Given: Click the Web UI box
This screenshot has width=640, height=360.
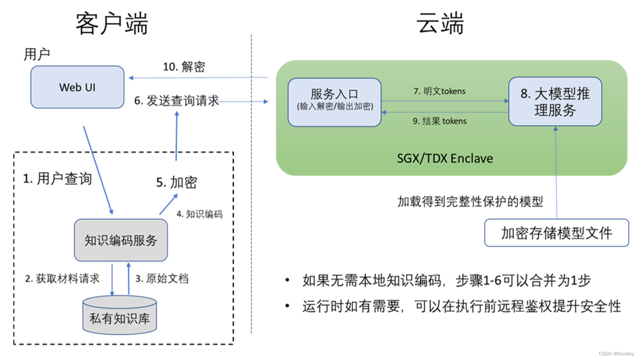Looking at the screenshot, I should (77, 87).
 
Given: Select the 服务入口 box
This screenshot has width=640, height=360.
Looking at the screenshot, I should (334, 102).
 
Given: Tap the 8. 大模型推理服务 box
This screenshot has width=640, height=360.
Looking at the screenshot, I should (555, 101).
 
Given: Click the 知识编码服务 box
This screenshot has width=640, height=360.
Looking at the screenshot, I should (121, 240).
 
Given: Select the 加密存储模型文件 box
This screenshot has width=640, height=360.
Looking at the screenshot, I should (557, 233).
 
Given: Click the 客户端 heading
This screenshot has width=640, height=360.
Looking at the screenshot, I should (112, 23).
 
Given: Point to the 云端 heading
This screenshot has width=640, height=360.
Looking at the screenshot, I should (440, 23).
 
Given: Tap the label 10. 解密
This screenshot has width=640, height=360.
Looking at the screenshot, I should (184, 67).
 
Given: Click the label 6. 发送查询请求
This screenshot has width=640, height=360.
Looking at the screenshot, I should (177, 101).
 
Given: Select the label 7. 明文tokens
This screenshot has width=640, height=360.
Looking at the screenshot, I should (439, 91).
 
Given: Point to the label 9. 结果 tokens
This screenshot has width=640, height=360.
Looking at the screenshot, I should (439, 121).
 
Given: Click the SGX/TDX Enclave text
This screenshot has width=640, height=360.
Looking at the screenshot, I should (445, 158).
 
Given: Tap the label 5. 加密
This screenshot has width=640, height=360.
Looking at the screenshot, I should (177, 182).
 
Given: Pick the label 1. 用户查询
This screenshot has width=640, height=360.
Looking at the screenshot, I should (57, 179).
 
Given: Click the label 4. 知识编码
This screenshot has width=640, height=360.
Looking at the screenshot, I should (200, 214).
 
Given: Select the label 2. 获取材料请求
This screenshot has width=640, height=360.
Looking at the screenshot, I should (62, 278).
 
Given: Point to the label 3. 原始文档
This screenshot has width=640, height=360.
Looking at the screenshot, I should (162, 278).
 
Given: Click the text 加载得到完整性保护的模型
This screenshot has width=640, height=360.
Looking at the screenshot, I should (470, 202).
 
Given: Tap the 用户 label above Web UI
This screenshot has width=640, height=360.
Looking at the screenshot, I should (37, 54).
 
